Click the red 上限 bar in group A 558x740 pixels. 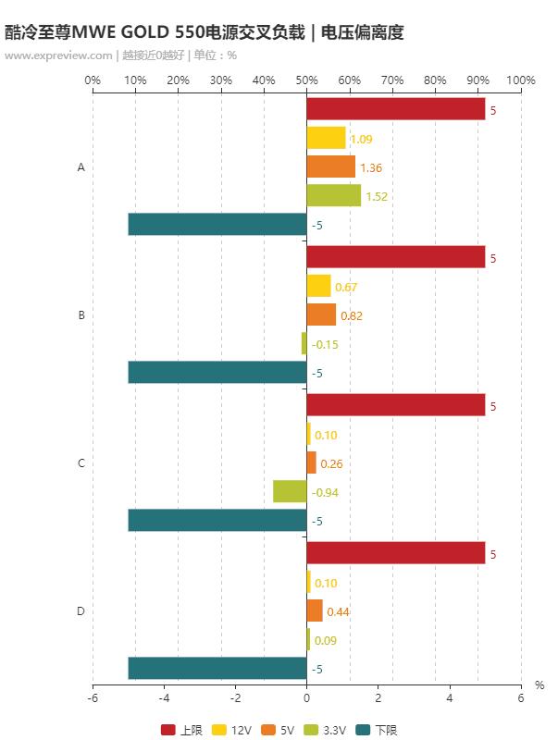click(x=396, y=109)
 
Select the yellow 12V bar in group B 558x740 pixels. click(x=318, y=286)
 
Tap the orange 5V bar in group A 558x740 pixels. click(x=331, y=166)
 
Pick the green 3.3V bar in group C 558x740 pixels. click(x=290, y=491)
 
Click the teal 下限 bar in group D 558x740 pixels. click(x=217, y=668)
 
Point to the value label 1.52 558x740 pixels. click(x=377, y=196)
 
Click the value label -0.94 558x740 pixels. click(x=325, y=492)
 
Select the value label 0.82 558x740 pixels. click(x=352, y=315)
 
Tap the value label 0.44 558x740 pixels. click(x=338, y=611)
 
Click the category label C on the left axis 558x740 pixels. click(x=81, y=462)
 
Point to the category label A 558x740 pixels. click(x=81, y=167)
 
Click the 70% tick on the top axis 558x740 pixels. click(x=392, y=80)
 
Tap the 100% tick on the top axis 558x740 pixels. click(x=521, y=80)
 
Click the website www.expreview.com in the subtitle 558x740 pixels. click(x=58, y=55)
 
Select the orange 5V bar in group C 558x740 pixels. click(x=312, y=462)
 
